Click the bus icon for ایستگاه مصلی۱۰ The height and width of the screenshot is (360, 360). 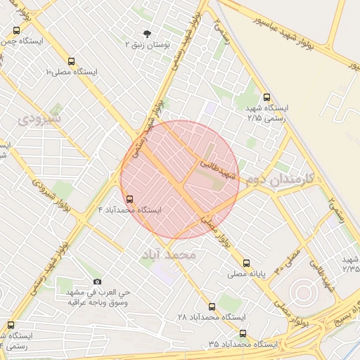[70, 61]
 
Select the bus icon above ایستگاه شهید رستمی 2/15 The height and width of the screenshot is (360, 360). [266, 98]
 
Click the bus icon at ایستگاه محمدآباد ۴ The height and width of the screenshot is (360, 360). [128, 199]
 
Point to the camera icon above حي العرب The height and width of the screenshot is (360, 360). [97, 281]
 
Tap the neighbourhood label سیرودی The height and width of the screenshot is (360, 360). [39, 120]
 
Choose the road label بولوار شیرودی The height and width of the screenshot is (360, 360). [44, 192]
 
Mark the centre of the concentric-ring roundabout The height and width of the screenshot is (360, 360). [303, 290]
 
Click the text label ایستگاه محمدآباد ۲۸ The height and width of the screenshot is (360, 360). [210, 318]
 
